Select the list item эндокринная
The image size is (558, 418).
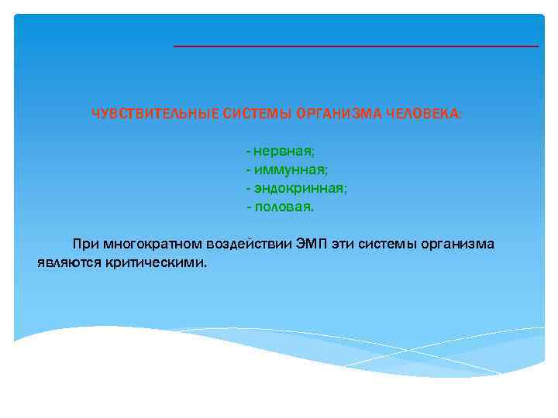tap(300, 188)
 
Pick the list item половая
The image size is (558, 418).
tap(284, 207)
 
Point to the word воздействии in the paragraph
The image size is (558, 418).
tap(250, 244)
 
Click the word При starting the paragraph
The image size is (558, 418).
tap(84, 244)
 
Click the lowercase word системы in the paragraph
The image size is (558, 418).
tap(392, 244)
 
